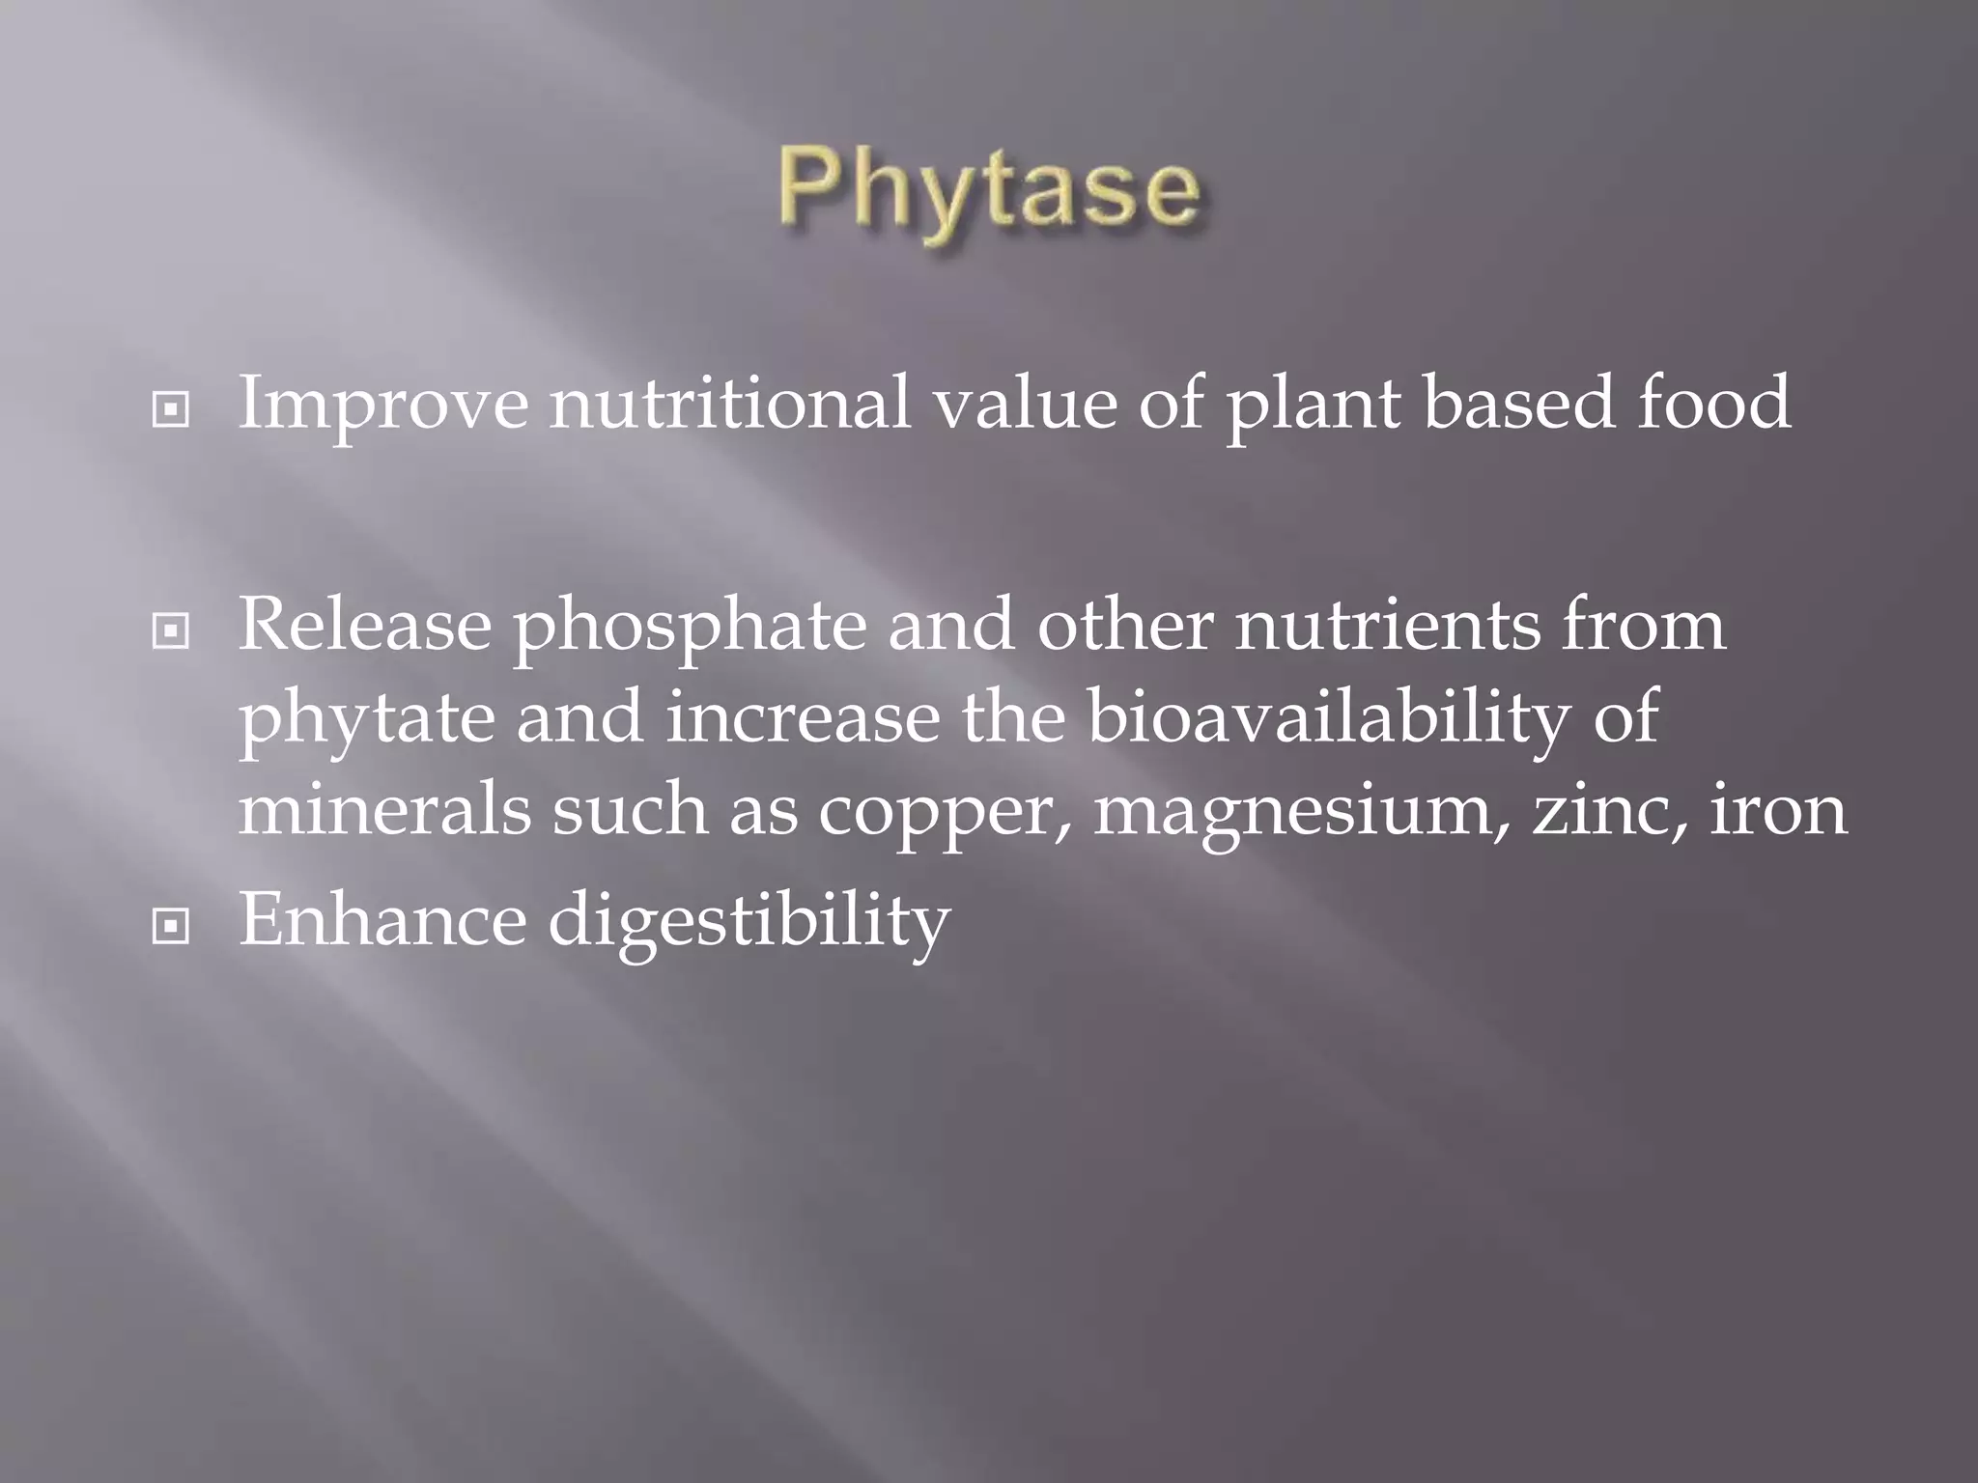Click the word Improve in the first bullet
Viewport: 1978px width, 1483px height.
click(382, 404)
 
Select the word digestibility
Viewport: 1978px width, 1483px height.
click(749, 922)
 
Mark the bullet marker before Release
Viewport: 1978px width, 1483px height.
click(171, 632)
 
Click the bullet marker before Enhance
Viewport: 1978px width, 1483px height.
click(171, 928)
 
